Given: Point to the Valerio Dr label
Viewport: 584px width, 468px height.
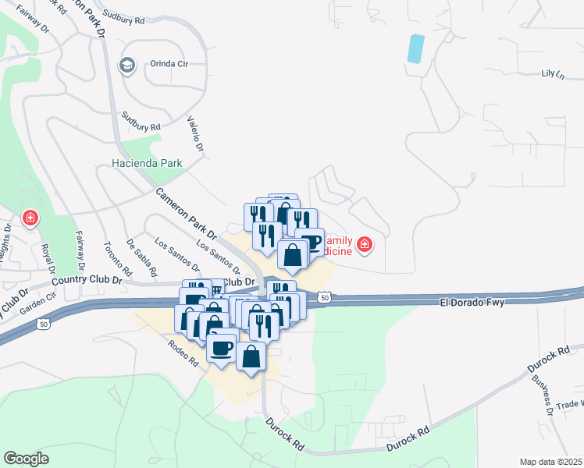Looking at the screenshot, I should pos(195,134).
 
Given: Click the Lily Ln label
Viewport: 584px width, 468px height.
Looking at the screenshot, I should pos(552,73).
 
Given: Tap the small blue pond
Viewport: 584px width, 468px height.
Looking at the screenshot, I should pos(416,48).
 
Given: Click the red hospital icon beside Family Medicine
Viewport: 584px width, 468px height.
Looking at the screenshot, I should pos(364,246).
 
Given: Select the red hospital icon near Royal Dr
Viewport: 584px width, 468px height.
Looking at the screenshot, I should pos(30,218).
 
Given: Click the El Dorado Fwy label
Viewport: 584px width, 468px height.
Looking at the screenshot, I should pos(468,300).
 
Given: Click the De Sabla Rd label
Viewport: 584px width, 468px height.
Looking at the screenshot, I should pos(141,257).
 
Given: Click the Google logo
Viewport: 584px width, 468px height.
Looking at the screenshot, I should pos(27,459).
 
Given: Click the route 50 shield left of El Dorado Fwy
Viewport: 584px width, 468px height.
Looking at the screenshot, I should pos(324,297).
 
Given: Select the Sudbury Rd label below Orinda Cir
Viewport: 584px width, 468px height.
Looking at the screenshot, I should pos(141,121).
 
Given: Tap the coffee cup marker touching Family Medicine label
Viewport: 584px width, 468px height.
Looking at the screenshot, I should pos(310,243).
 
